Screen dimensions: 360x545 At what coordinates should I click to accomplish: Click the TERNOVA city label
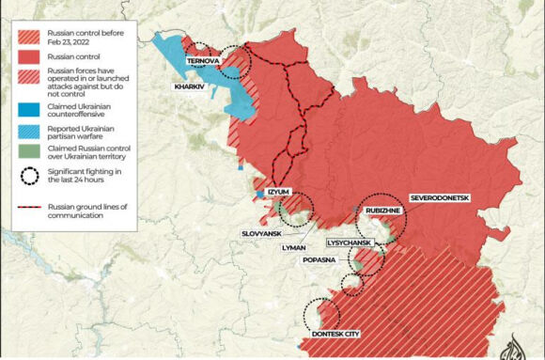(x=203, y=61)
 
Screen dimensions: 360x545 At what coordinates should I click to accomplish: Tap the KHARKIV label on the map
(x=190, y=86)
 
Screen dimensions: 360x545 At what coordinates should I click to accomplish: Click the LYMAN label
(x=294, y=247)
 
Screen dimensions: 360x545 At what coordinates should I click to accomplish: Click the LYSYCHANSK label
(x=351, y=242)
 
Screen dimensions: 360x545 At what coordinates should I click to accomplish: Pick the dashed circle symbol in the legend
(x=30, y=175)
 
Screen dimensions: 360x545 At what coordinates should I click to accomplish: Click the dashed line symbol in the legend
(x=30, y=206)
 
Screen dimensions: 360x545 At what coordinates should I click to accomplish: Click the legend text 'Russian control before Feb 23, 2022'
(x=86, y=37)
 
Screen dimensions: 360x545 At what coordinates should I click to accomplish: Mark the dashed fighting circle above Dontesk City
(x=322, y=314)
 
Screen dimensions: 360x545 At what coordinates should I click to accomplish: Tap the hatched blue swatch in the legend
(x=30, y=131)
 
